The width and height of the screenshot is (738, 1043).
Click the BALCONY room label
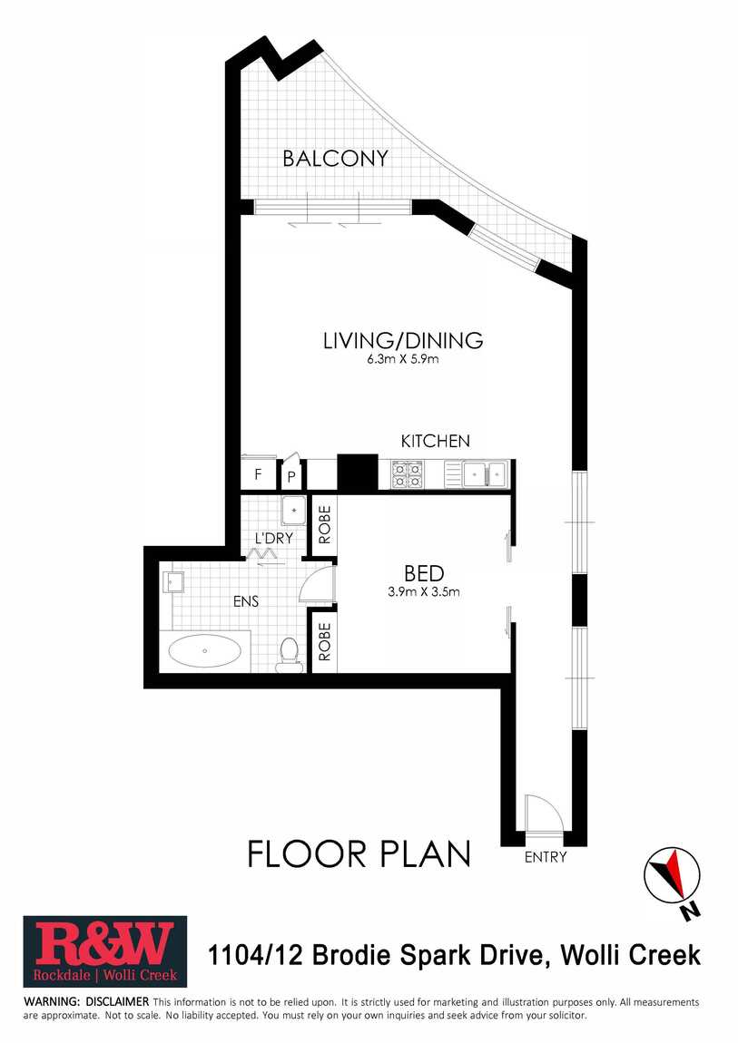pyautogui.click(x=335, y=159)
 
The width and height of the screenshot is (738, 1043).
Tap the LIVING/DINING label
pyautogui.click(x=403, y=341)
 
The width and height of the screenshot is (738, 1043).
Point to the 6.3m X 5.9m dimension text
pyautogui.click(x=403, y=360)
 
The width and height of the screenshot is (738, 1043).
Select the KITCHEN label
pyautogui.click(x=435, y=441)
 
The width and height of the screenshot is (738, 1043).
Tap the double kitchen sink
pyautogui.click(x=486, y=474)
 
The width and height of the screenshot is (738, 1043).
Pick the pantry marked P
pyautogui.click(x=291, y=475)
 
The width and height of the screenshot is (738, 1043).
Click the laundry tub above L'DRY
pyautogui.click(x=293, y=511)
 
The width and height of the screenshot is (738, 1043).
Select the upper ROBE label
pyautogui.click(x=324, y=525)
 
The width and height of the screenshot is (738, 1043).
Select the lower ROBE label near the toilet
pyautogui.click(x=324, y=642)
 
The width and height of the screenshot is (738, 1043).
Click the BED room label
pyautogui.click(x=424, y=573)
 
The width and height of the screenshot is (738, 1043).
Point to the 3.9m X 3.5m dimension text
pyautogui.click(x=424, y=591)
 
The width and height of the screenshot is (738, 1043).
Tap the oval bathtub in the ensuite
pyautogui.click(x=205, y=650)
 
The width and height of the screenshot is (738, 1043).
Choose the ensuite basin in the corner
pyautogui.click(x=173, y=582)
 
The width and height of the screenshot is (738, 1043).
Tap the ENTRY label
pyautogui.click(x=546, y=857)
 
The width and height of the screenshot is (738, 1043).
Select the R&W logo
pyautogui.click(x=105, y=951)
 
